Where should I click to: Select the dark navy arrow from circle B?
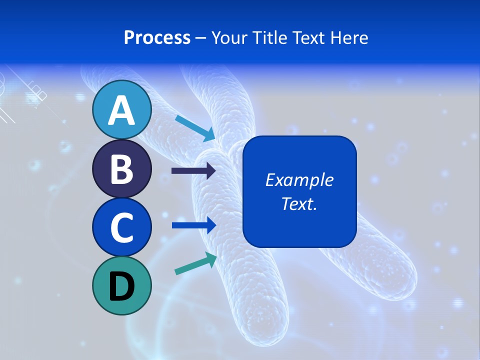(x=193, y=171)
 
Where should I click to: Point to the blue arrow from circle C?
(x=194, y=225)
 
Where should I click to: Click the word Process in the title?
(x=157, y=37)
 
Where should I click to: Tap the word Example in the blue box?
(x=299, y=180)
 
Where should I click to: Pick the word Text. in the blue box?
(x=299, y=203)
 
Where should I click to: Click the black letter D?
(x=121, y=287)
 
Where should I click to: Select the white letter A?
(x=121, y=110)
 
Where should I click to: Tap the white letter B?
(x=121, y=169)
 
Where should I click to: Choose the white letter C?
(x=121, y=227)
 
